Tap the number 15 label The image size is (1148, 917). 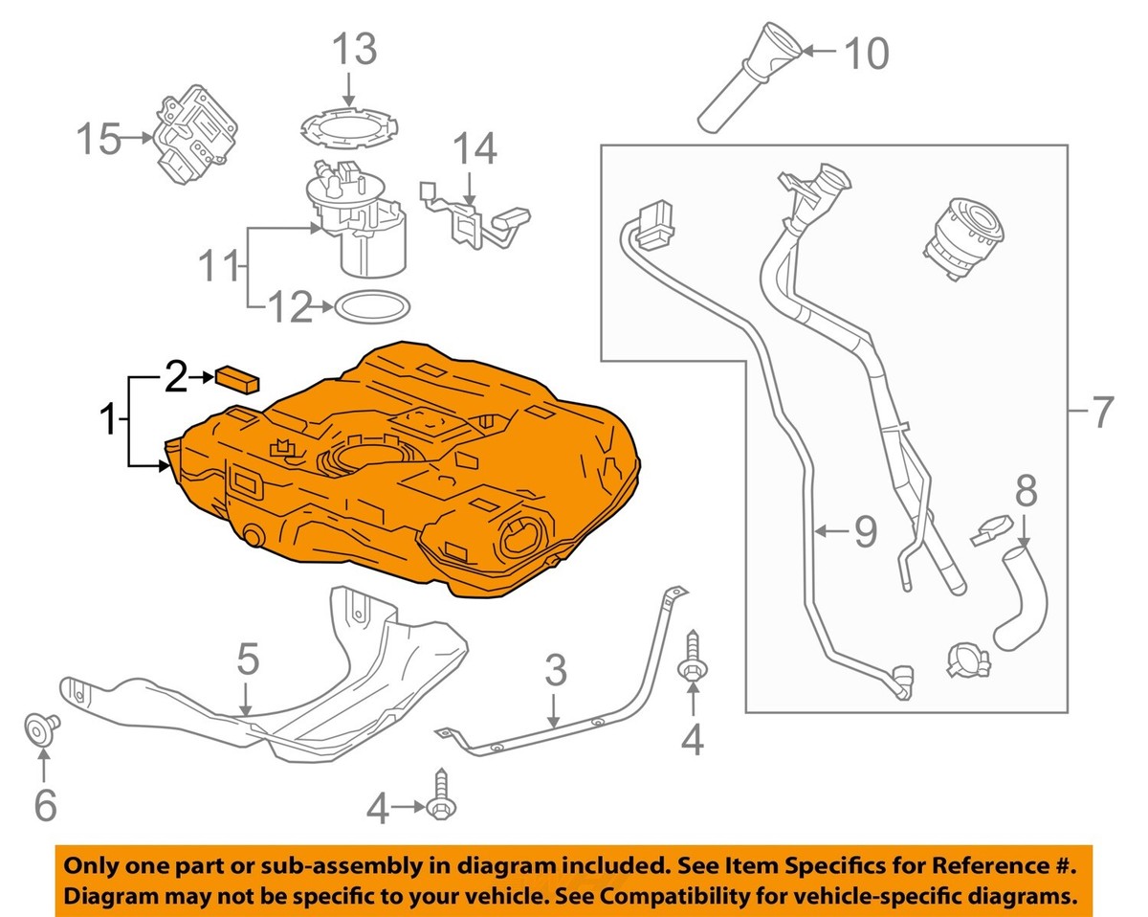[x=99, y=141]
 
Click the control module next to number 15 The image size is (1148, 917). [x=196, y=139]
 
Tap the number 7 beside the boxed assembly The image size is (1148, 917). [x=1101, y=413]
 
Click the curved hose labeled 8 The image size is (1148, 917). [x=1023, y=593]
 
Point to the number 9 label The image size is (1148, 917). [x=865, y=532]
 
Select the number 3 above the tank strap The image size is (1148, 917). [x=556, y=672]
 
